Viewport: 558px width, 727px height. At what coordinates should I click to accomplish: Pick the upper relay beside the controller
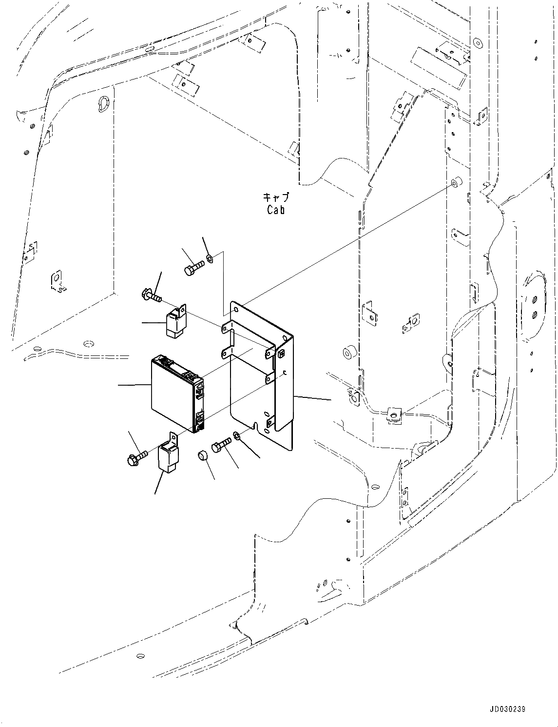pos(174,322)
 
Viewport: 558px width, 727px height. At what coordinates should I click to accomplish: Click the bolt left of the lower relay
pos(136,457)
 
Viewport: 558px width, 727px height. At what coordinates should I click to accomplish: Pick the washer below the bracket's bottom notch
pos(236,435)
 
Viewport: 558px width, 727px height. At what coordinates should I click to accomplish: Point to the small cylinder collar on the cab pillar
pos(456,183)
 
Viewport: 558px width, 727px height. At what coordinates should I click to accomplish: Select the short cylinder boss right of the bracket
pos(348,352)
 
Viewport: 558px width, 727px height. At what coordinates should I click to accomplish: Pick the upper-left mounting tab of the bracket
pos(225,327)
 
